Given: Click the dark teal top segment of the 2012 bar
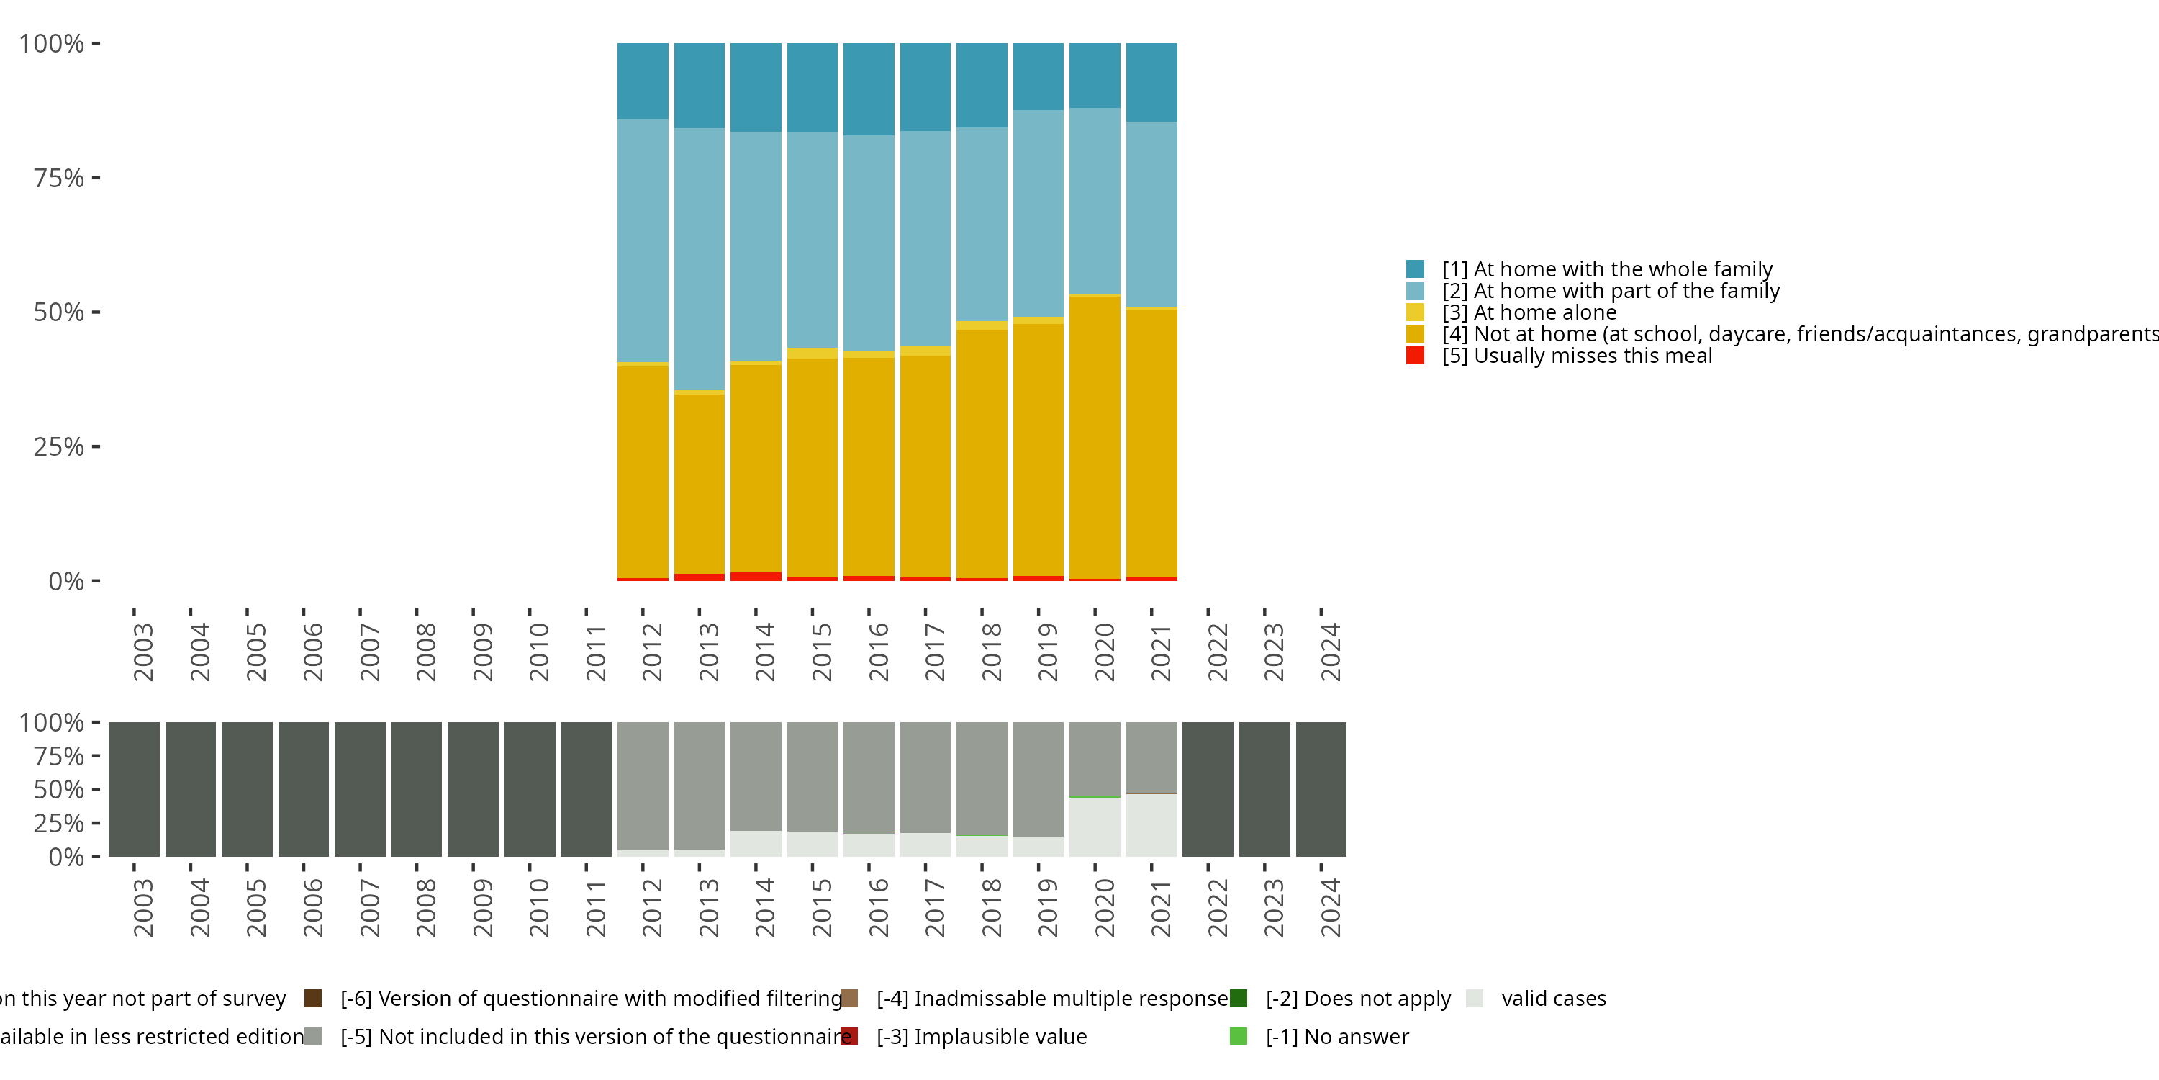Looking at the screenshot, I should [643, 81].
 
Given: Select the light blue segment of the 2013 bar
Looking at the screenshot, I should [699, 258].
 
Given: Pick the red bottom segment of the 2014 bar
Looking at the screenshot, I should [756, 577].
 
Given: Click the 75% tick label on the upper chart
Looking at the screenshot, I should [59, 178].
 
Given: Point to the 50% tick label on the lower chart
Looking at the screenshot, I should [59, 790].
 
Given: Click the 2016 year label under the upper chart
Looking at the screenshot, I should [877, 652].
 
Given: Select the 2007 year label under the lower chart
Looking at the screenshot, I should [368, 907].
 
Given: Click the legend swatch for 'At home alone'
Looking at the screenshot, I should [1415, 312].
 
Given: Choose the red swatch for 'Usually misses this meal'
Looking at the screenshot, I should [1415, 356].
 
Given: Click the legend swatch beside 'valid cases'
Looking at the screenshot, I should [1475, 999].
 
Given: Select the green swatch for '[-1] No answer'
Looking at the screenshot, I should [1238, 1036].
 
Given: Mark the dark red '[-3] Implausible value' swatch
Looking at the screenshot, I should [849, 1036].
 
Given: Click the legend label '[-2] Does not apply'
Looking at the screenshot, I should [1358, 999].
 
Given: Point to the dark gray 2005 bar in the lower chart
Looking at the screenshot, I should [248, 789].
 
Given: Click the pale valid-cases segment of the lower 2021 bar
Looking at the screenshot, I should [1151, 825].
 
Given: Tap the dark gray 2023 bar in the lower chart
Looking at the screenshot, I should [1264, 789].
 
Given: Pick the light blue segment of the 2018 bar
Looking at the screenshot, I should [982, 224].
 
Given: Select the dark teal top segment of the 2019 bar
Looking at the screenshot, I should [1038, 76].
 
